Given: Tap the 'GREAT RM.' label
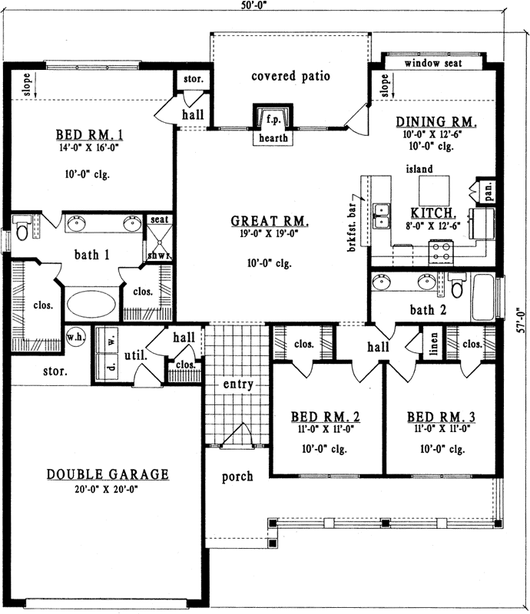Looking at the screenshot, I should pyautogui.click(x=270, y=222).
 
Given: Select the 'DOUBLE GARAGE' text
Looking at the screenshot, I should pyautogui.click(x=107, y=474).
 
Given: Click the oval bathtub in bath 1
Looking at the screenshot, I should pyautogui.click(x=91, y=302).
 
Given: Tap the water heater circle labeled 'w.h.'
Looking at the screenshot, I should pyautogui.click(x=75, y=337).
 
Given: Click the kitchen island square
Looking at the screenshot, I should pyautogui.click(x=434, y=189).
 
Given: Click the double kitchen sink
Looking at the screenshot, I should pyautogui.click(x=381, y=216).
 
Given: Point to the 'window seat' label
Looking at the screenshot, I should pyautogui.click(x=432, y=64).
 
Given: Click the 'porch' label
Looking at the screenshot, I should pyautogui.click(x=237, y=477).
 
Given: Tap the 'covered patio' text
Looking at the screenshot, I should pyautogui.click(x=290, y=76).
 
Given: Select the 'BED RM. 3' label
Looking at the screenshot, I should pyautogui.click(x=441, y=418).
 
